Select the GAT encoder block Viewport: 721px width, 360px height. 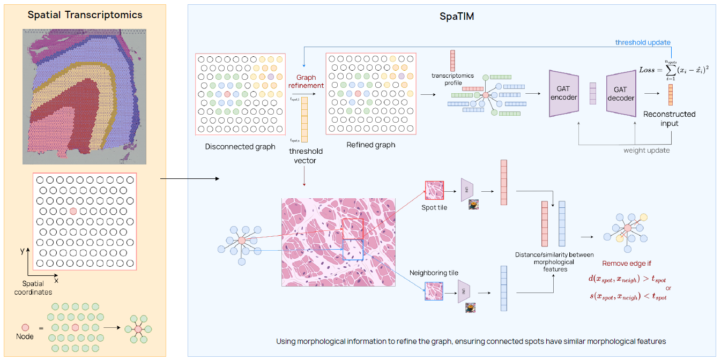click(563, 94)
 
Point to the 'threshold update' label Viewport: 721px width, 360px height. click(642, 42)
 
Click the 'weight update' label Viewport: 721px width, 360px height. click(646, 151)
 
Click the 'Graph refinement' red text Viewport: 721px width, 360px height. click(306, 81)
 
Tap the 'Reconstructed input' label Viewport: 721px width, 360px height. click(669, 118)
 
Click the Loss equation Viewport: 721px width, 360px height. click(674, 70)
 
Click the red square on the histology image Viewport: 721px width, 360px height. click(353, 229)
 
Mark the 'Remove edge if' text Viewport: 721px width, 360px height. click(626, 264)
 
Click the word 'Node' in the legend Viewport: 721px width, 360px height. click(25, 336)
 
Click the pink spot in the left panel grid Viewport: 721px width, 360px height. click(73, 212)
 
